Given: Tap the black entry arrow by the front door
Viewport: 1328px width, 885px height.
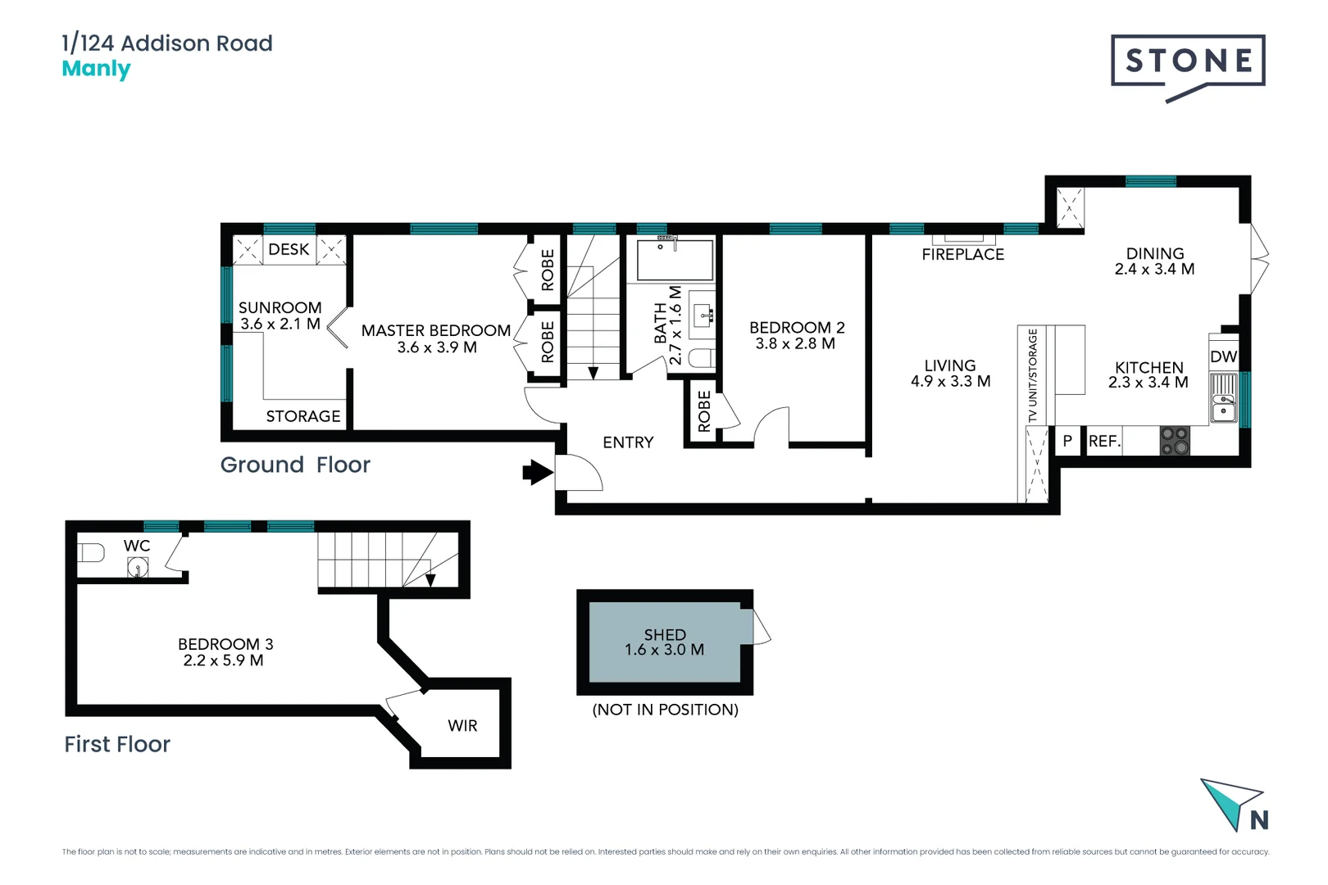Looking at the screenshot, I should tap(537, 472).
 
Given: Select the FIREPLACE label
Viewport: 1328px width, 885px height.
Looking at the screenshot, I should tap(962, 255).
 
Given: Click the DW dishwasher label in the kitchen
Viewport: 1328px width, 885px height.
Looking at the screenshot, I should tap(1223, 356).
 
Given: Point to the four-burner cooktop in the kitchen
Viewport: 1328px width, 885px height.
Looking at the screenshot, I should tap(1175, 441).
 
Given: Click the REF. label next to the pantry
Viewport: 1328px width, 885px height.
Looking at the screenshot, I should tap(1103, 442).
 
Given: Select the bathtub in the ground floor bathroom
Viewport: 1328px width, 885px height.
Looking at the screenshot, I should tap(675, 260).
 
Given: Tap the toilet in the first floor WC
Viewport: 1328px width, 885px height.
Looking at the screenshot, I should tap(90, 553).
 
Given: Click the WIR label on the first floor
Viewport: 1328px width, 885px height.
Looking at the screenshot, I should tap(462, 726).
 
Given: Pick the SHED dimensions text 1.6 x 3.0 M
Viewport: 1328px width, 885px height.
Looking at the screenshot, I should tap(664, 650).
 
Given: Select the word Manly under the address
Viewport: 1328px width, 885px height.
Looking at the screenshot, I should tap(96, 69).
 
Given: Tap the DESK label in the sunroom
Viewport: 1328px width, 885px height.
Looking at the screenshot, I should tap(289, 250).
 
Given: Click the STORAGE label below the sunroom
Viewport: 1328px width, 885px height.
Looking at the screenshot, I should tap(303, 416).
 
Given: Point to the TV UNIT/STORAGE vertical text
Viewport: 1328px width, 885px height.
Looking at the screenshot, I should tap(1032, 375).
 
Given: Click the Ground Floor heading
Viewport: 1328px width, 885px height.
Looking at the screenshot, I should tap(295, 465).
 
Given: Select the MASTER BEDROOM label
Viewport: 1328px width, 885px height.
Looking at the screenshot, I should tap(436, 330).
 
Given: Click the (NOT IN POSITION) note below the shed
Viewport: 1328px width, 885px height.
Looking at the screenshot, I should tap(665, 710).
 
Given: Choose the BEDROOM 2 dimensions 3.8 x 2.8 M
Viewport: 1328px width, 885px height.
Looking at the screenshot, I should tap(795, 344).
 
